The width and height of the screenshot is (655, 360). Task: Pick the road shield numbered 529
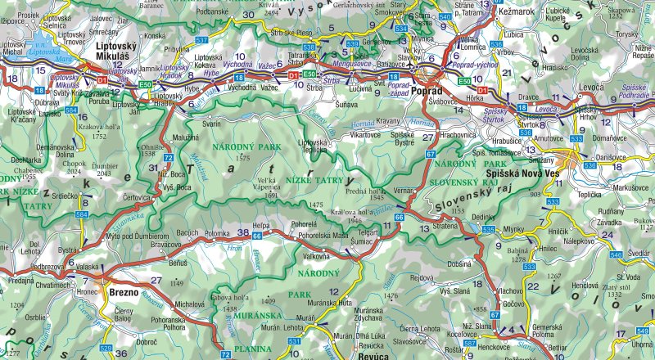click(105, 349)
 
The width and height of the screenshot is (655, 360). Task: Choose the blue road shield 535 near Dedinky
click(488, 231)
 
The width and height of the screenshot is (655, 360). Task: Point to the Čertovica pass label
click(136, 198)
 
